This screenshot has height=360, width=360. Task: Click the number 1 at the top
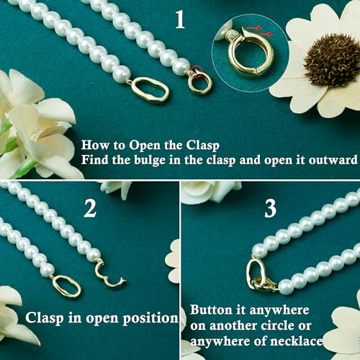[179, 19]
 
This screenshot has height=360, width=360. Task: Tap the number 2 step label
[90, 208]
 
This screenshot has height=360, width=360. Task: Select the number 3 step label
[270, 209]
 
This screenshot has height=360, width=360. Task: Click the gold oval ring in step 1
[150, 89]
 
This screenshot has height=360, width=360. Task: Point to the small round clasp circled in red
[199, 82]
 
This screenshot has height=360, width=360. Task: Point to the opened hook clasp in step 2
[109, 273]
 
